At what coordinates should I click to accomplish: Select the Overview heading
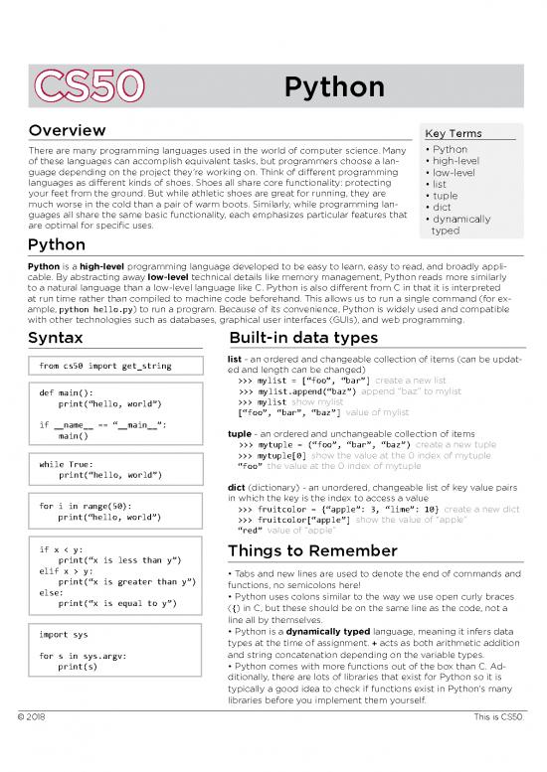pyautogui.click(x=68, y=131)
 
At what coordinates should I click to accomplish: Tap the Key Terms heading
pyautogui.click(x=453, y=133)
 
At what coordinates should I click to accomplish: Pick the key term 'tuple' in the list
pyautogui.click(x=446, y=196)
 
